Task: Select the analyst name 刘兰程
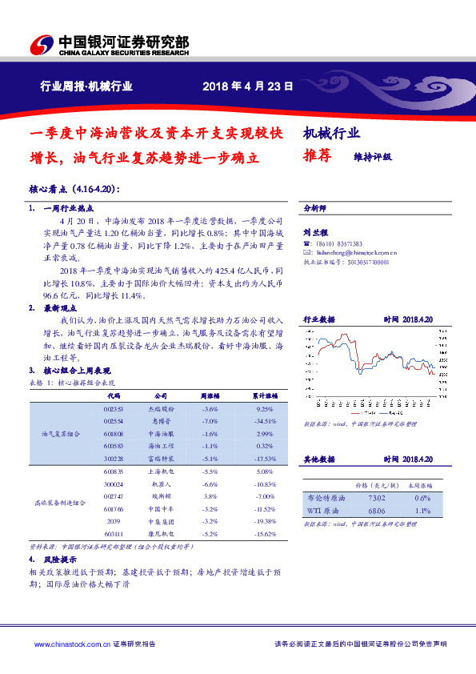tap(314, 232)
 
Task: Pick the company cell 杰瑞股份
tap(160, 407)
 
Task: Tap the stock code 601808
tap(112, 433)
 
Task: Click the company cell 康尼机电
tap(160, 533)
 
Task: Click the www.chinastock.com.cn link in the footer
tap(66, 643)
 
